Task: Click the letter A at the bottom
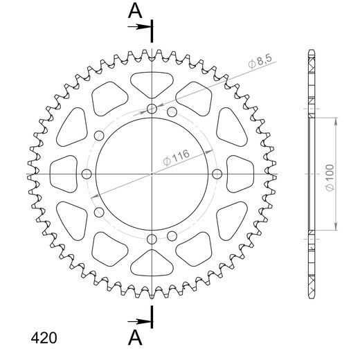(x=136, y=337)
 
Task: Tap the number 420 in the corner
(x=44, y=339)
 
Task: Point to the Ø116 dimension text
(x=177, y=156)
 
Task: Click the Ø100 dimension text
(x=330, y=174)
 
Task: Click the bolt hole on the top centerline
(x=152, y=108)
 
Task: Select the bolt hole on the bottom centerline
(x=152, y=239)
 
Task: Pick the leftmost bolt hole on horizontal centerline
(x=87, y=174)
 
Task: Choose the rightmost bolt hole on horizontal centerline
(x=217, y=174)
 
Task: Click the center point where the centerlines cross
(x=152, y=174)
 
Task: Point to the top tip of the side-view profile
(x=310, y=52)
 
